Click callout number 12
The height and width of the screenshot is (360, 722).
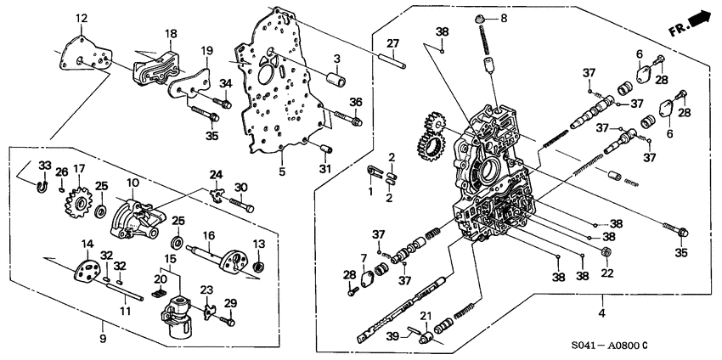[x=81, y=18]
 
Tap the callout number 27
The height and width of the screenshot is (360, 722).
[x=392, y=43]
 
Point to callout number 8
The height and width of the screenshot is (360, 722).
[x=503, y=17]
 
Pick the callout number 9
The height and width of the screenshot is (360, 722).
[x=104, y=326]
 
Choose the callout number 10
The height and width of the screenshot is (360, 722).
[x=133, y=183]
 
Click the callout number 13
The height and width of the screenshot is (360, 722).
[x=259, y=245]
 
